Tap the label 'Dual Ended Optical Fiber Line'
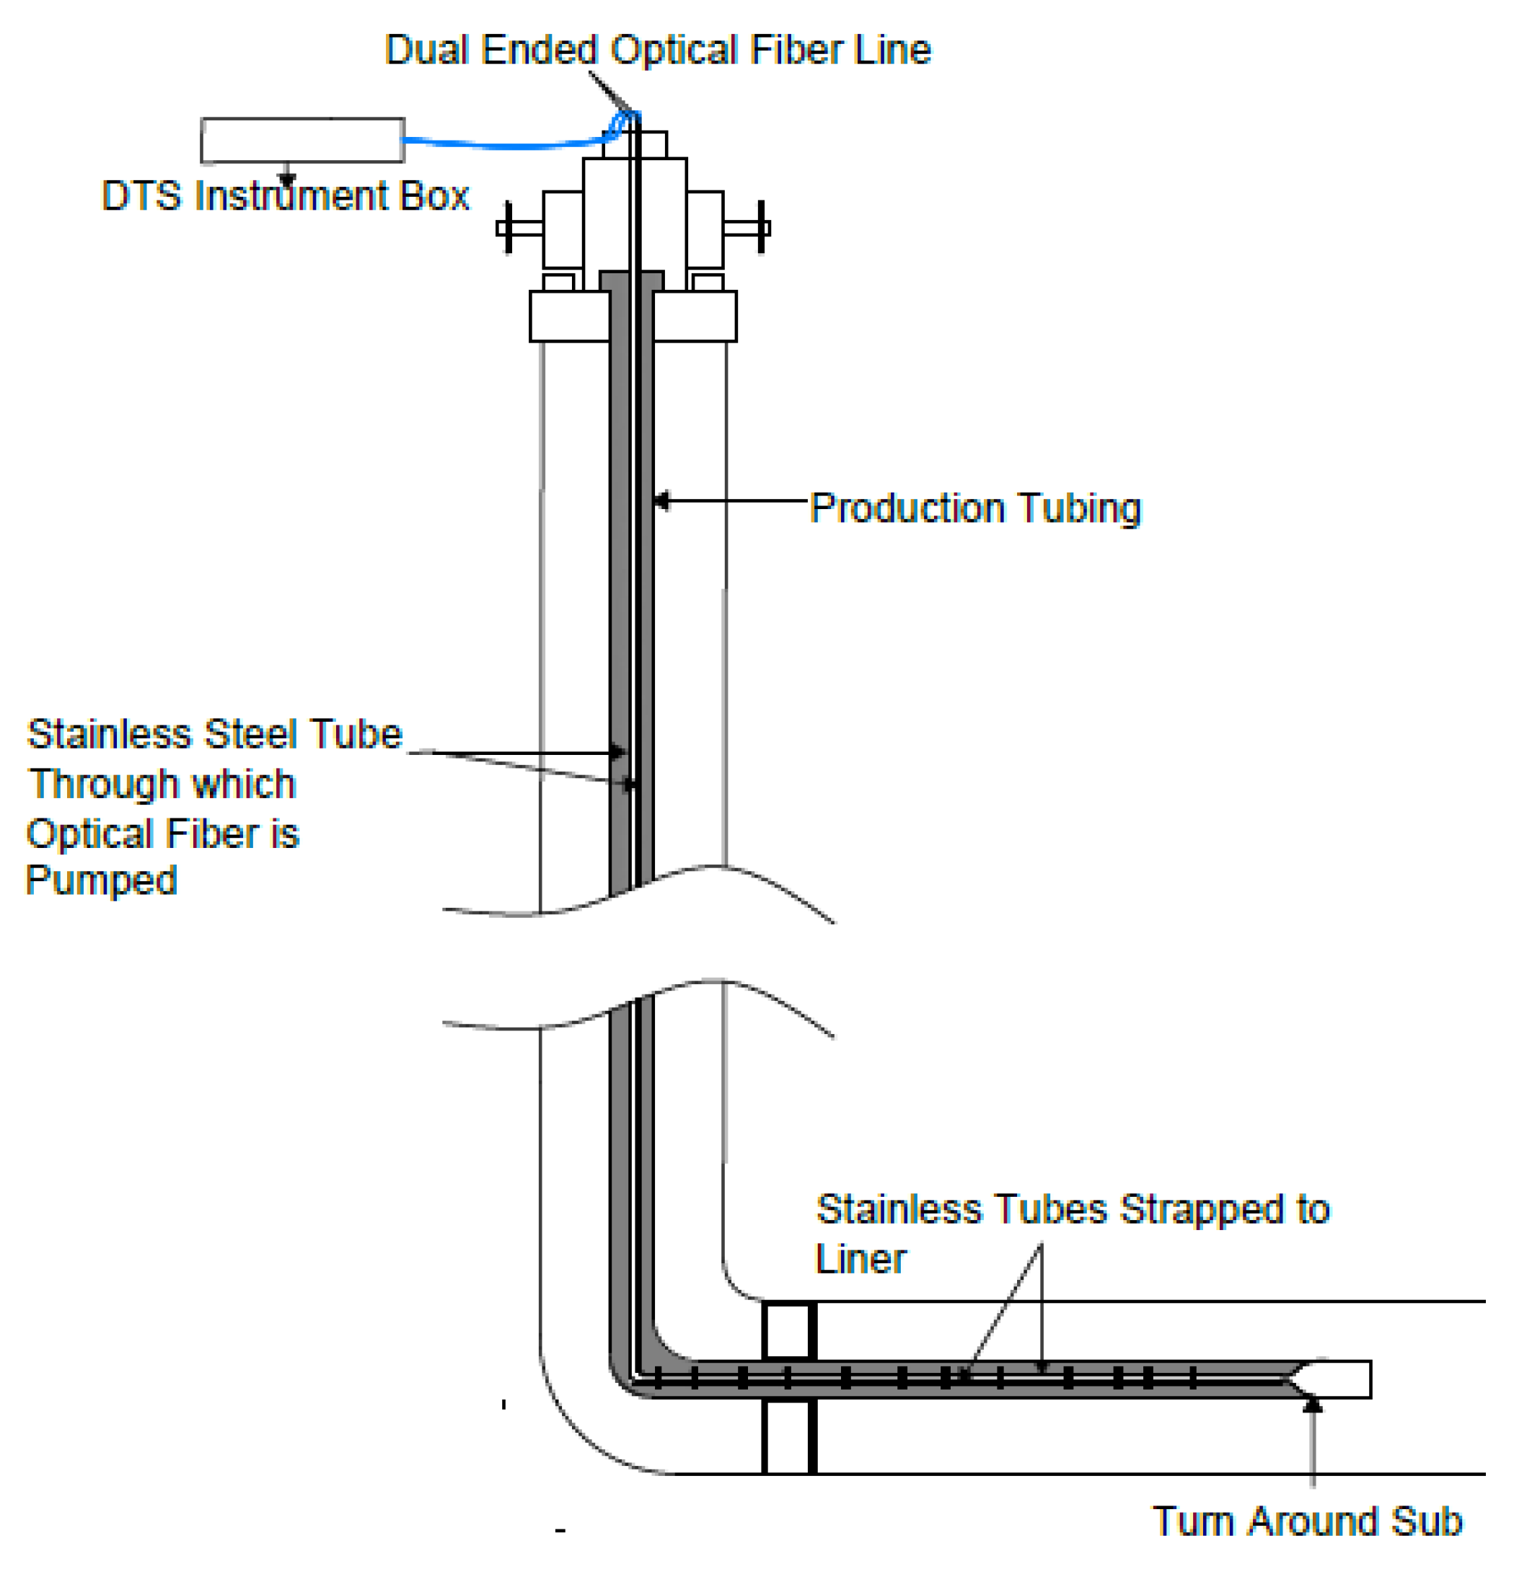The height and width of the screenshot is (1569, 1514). (657, 50)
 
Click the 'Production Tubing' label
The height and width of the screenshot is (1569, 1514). (975, 508)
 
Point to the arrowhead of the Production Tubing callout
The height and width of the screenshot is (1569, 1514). (660, 502)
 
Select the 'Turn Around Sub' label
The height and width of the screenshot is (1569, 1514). (1307, 1521)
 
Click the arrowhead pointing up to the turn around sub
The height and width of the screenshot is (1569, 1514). (1311, 1404)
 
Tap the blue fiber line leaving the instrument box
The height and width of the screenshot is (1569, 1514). (504, 145)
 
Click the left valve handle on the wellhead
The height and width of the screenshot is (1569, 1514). (509, 228)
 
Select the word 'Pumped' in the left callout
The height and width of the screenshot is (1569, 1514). (102, 880)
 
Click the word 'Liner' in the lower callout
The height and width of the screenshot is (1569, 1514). (861, 1259)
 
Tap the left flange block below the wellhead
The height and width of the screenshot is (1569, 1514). (569, 317)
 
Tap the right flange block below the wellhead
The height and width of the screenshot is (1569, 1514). (694, 317)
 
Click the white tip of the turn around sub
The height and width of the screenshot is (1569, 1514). (1337, 1379)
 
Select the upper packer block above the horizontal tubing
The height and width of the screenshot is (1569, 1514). (788, 1331)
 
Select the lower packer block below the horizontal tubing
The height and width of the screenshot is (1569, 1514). (788, 1436)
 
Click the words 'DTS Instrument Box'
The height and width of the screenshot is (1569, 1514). (285, 196)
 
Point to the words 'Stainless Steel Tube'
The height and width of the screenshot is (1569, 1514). (214, 734)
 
